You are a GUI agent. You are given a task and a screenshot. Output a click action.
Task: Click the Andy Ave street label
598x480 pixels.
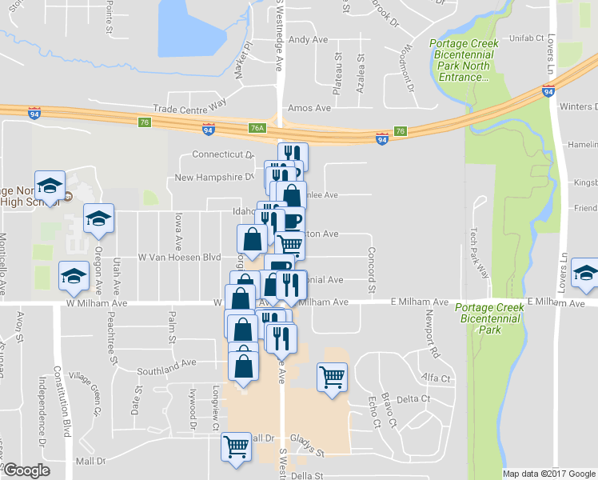pyautogui.click(x=309, y=39)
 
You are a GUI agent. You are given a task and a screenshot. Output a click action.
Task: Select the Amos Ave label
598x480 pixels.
pyautogui.click(x=309, y=108)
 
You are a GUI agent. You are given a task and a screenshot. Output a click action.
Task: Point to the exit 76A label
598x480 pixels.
pyautogui.click(x=257, y=126)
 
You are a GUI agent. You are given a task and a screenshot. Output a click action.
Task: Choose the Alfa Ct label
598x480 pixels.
pyautogui.click(x=437, y=378)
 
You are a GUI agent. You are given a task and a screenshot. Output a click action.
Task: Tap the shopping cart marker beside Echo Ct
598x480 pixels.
pyautogui.click(x=332, y=376)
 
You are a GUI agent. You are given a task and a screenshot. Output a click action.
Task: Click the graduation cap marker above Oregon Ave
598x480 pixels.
pyautogui.click(x=99, y=218)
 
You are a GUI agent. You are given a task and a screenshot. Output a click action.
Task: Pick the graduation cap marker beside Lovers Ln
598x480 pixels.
pyautogui.click(x=586, y=273)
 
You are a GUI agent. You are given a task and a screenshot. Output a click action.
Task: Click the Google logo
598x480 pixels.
pyautogui.click(x=26, y=470)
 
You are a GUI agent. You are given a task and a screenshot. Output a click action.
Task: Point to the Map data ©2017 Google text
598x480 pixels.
pyautogui.click(x=548, y=474)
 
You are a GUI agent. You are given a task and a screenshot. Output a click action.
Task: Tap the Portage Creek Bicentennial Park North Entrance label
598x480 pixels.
pyautogui.click(x=464, y=61)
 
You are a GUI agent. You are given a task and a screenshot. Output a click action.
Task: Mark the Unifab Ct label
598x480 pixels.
pyautogui.click(x=528, y=38)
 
